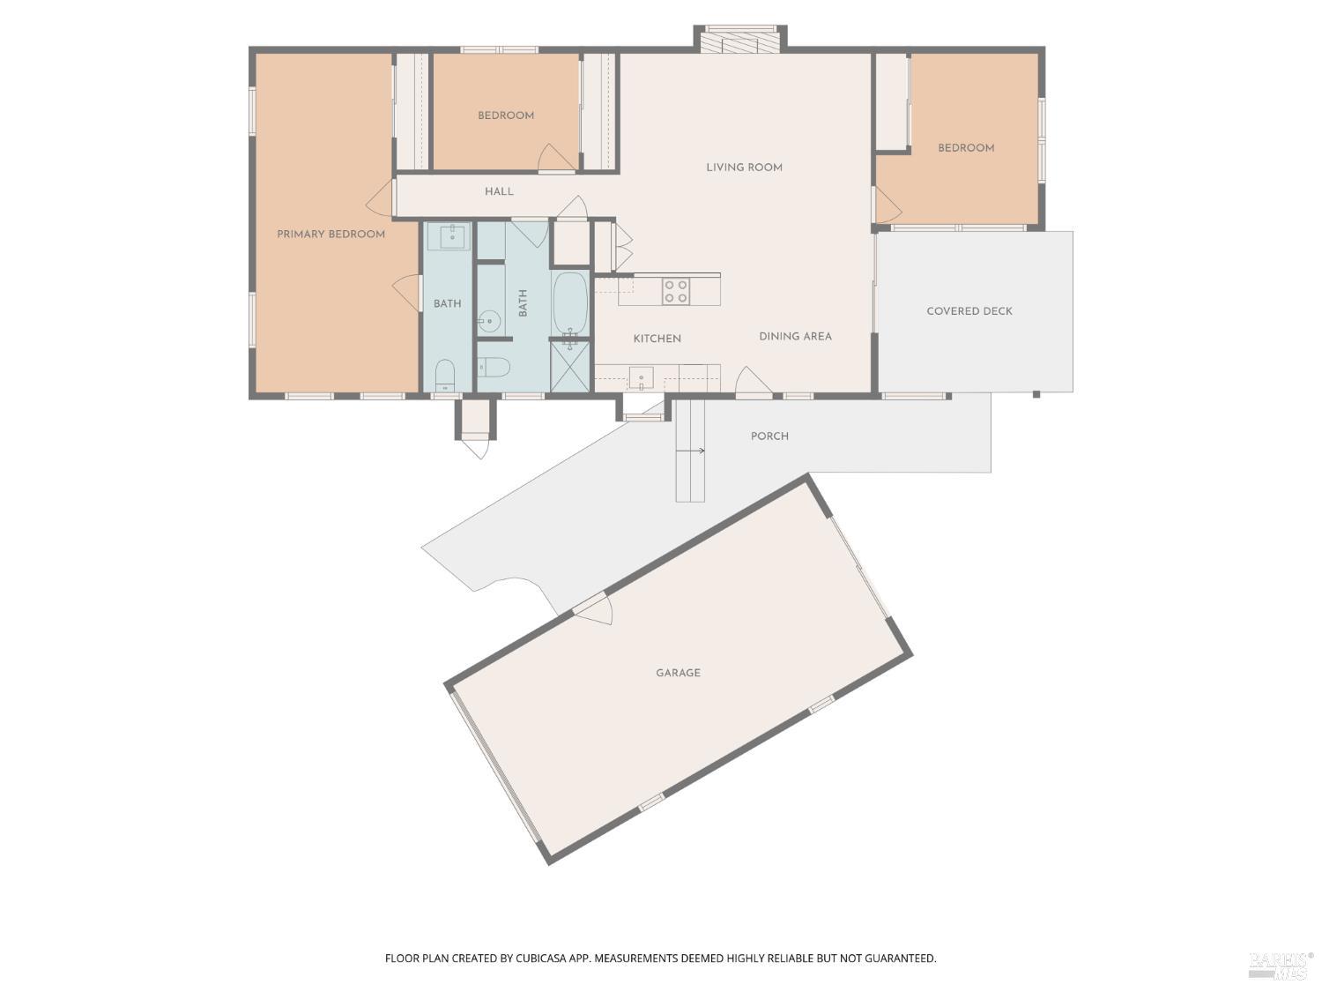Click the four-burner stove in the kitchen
coord(676,291)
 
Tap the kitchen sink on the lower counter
coord(641,377)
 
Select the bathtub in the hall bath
coord(570,302)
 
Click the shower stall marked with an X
coord(570,366)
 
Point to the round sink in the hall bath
coord(489,321)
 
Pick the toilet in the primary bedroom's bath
coord(445,374)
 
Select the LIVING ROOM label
coord(744,168)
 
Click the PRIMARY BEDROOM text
coord(330,235)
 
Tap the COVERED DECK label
coord(969,311)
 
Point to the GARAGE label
coord(678,673)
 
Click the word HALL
coord(499,191)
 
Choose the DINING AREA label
coord(795,336)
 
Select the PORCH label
coord(769,436)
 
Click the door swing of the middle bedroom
coord(555,159)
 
